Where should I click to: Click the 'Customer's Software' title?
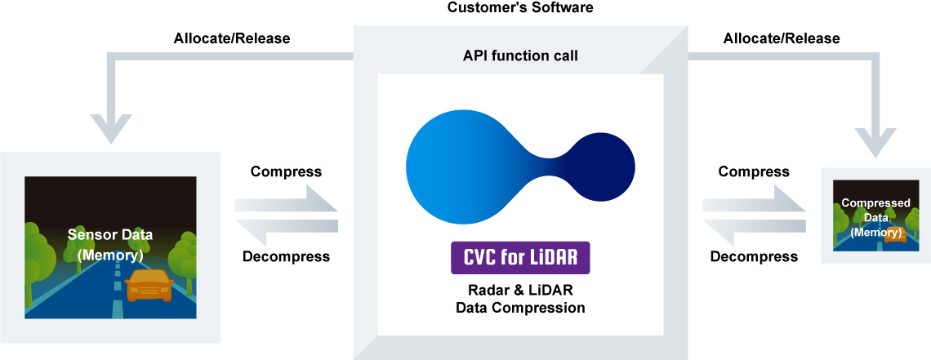pos(519,7)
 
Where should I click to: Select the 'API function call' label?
pos(520,56)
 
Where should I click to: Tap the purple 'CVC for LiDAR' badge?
pos(520,257)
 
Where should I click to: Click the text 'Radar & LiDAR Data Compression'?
pos(520,300)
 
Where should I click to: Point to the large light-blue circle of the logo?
pos(462,167)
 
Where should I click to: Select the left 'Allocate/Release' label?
pos(232,38)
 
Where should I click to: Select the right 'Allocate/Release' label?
pos(782,38)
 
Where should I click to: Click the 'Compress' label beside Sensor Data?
pos(286,172)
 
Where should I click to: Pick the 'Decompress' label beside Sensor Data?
pos(286,257)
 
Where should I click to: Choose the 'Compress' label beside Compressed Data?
pos(754,172)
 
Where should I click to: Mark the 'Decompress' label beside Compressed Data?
pos(754,257)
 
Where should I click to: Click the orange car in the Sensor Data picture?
pos(149,285)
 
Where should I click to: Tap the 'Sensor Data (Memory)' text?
pos(110,245)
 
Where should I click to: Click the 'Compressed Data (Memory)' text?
pos(875,218)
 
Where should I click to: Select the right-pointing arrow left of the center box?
pos(286,199)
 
